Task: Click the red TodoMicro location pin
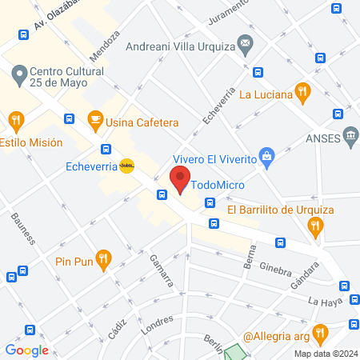click(180, 180)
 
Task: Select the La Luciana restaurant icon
click(302, 91)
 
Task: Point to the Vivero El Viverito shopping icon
click(269, 154)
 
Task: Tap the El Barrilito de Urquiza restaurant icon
click(317, 227)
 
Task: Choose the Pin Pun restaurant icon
click(102, 258)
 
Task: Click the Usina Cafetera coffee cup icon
click(94, 121)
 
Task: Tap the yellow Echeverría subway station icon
click(126, 166)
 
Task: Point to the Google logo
click(27, 350)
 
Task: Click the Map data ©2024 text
click(325, 354)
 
